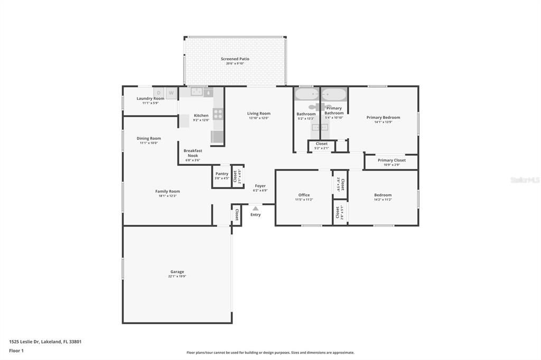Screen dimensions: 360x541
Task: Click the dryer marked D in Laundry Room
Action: point(158,93)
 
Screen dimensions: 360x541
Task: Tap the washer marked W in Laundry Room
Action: point(171,93)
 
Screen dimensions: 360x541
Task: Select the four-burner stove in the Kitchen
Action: point(218,114)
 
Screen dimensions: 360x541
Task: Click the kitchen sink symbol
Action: point(197,92)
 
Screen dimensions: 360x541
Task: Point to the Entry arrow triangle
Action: point(255,209)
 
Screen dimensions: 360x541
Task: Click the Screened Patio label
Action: point(235,59)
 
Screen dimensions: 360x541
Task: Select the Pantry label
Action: point(222,174)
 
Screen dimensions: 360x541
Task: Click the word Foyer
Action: point(260,186)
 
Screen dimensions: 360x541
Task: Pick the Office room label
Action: point(304,195)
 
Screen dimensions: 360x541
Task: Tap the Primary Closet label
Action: point(391,160)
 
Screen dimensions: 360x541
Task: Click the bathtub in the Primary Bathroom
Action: point(334,95)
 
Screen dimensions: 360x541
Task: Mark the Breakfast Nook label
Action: point(193,153)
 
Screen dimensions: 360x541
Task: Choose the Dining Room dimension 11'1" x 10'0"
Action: point(148,143)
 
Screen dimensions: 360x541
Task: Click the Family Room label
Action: point(167,191)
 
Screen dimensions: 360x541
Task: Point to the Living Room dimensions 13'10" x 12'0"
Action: point(259,118)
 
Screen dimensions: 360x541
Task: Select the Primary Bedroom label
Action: point(383,117)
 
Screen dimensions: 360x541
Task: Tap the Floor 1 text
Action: point(17,350)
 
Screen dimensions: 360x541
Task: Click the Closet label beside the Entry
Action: point(237,214)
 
